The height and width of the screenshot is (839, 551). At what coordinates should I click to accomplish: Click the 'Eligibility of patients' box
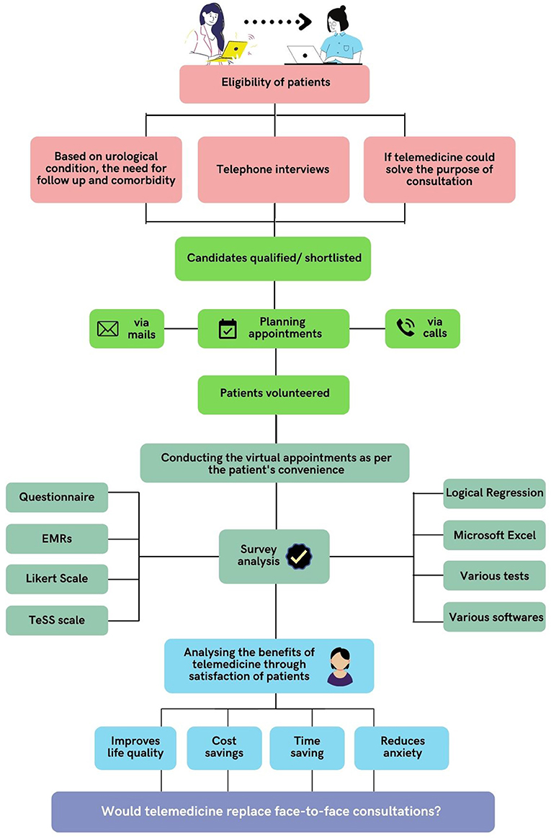click(x=274, y=84)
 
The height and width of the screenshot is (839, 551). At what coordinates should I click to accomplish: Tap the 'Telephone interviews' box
click(x=274, y=170)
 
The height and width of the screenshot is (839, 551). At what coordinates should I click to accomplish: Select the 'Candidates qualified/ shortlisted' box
click(x=273, y=259)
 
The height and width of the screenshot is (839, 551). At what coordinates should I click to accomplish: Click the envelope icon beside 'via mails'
click(x=107, y=328)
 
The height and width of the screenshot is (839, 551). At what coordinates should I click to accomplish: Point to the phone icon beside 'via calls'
click(x=406, y=328)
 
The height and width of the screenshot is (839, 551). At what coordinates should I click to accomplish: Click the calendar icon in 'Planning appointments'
click(x=228, y=329)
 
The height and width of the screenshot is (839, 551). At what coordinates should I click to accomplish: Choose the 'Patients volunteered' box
click(x=274, y=395)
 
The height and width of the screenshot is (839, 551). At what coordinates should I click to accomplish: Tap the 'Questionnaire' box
click(x=57, y=497)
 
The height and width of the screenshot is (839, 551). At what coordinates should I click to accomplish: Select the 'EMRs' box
click(x=57, y=539)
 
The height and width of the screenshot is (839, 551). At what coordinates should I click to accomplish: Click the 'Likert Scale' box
click(x=57, y=579)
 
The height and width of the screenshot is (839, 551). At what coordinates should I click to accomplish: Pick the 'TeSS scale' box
click(x=57, y=620)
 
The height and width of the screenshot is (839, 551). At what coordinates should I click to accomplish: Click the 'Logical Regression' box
click(x=494, y=493)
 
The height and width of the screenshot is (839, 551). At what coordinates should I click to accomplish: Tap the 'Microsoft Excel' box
click(x=494, y=535)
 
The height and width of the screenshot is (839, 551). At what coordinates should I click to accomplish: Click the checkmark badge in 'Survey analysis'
click(x=299, y=557)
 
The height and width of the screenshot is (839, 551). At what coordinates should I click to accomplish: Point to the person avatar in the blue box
click(x=340, y=666)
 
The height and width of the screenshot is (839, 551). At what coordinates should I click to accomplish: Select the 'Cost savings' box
click(x=224, y=748)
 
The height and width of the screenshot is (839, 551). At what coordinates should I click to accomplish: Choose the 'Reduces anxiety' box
click(x=402, y=748)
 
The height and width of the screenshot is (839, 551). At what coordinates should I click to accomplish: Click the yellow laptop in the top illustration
click(x=228, y=52)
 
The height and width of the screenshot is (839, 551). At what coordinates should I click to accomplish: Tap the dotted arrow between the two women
click(x=277, y=22)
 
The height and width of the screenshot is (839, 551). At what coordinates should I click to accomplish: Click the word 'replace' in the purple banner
click(x=249, y=812)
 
